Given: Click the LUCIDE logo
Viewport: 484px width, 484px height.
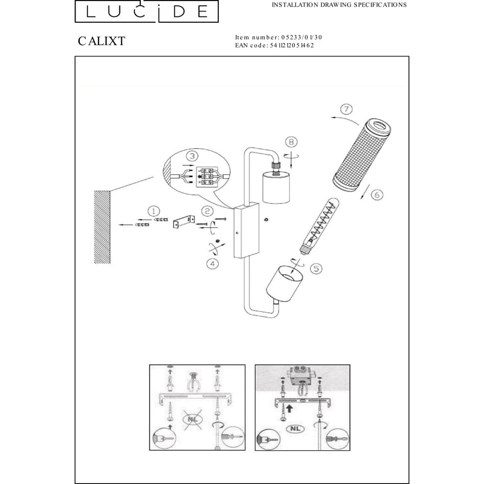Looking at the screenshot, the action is click(x=147, y=11).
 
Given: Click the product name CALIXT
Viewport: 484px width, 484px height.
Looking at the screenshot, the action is click(x=102, y=41).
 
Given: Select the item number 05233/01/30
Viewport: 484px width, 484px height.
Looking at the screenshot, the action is click(x=301, y=37).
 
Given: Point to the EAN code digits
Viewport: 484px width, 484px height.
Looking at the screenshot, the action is click(x=292, y=45).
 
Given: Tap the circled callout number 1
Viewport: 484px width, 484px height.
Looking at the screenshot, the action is click(x=154, y=211).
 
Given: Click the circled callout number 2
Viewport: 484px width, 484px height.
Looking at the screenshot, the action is click(x=207, y=211).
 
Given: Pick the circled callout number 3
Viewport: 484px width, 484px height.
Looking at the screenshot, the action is click(x=192, y=156).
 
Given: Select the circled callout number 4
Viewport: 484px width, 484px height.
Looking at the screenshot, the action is click(x=212, y=264).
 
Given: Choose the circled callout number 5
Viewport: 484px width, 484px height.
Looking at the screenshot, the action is click(x=316, y=269).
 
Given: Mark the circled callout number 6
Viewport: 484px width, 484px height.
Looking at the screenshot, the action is click(x=377, y=195).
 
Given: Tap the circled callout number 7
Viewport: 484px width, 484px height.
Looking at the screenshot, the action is click(x=347, y=109).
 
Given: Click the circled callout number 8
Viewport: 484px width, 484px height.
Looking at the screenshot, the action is click(x=291, y=142).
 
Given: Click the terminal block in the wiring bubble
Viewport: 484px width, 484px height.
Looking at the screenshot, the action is click(x=207, y=177).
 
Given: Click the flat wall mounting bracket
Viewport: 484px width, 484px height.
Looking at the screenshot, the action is click(x=184, y=222).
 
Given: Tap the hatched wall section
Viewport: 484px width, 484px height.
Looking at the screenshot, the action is click(x=102, y=227).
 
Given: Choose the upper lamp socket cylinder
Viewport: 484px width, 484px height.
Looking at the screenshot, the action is click(x=276, y=188).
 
